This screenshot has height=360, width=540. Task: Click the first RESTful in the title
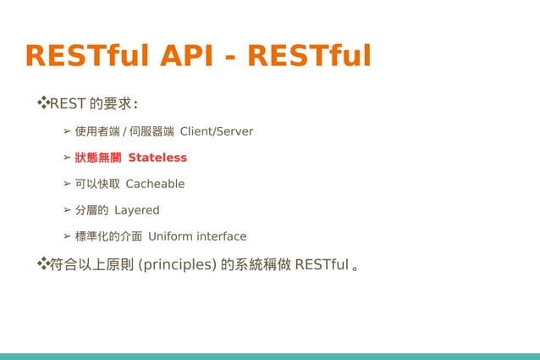(85, 56)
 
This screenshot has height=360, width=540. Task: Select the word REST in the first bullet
(68, 104)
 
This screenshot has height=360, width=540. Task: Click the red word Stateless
(157, 158)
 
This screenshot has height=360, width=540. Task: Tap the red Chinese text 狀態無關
(98, 158)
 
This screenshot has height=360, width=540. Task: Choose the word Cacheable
(155, 184)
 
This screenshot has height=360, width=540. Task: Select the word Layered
(136, 210)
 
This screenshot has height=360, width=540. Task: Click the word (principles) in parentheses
(177, 265)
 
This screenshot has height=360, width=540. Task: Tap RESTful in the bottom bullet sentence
(322, 265)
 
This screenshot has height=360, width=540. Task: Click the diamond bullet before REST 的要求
(41, 103)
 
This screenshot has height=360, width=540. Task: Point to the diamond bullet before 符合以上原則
(41, 264)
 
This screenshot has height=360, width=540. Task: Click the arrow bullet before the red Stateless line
(67, 158)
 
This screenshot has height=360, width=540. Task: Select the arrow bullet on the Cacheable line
(67, 184)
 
